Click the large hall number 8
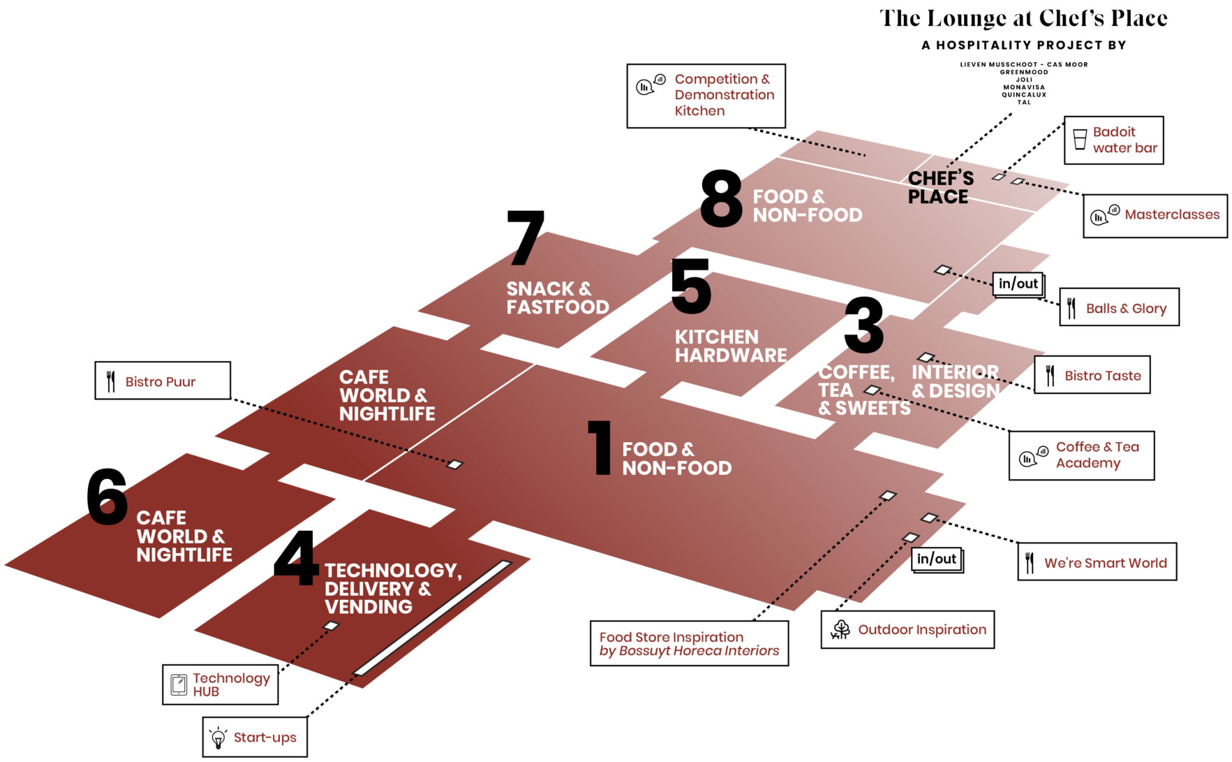coord(722,200)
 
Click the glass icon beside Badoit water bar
coord(1080,140)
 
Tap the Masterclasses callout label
coord(1171,215)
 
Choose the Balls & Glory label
coord(1125,308)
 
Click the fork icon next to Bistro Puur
coord(111,381)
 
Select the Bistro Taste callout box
coord(1092,376)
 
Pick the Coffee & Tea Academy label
coord(1097,455)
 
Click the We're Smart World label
coord(1105,563)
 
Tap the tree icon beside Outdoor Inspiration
coord(841,629)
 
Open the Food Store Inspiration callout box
coord(689,643)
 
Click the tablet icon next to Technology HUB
coord(179,684)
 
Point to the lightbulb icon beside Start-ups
coord(218,738)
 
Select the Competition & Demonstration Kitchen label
coord(724,95)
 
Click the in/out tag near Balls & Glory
coord(1018,284)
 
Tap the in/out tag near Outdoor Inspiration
coord(936,559)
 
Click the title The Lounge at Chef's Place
coord(1023,19)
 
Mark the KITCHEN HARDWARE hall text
coord(730,346)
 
